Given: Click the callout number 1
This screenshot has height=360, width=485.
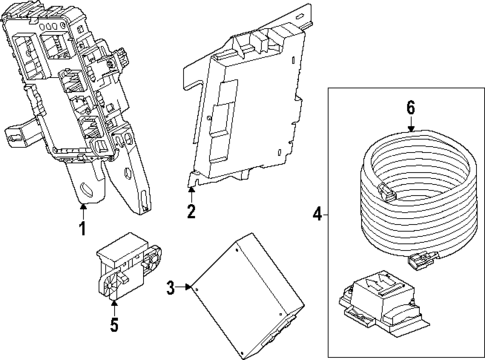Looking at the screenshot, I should point(83,228).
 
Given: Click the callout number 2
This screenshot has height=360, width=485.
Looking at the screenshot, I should point(190,212).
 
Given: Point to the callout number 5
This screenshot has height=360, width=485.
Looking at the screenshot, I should point(113,325).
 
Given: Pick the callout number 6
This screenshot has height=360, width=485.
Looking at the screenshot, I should point(409,109).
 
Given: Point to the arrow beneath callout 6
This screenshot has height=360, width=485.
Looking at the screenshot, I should point(409,125).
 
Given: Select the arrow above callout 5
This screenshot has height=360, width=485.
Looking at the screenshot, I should point(113,305).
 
